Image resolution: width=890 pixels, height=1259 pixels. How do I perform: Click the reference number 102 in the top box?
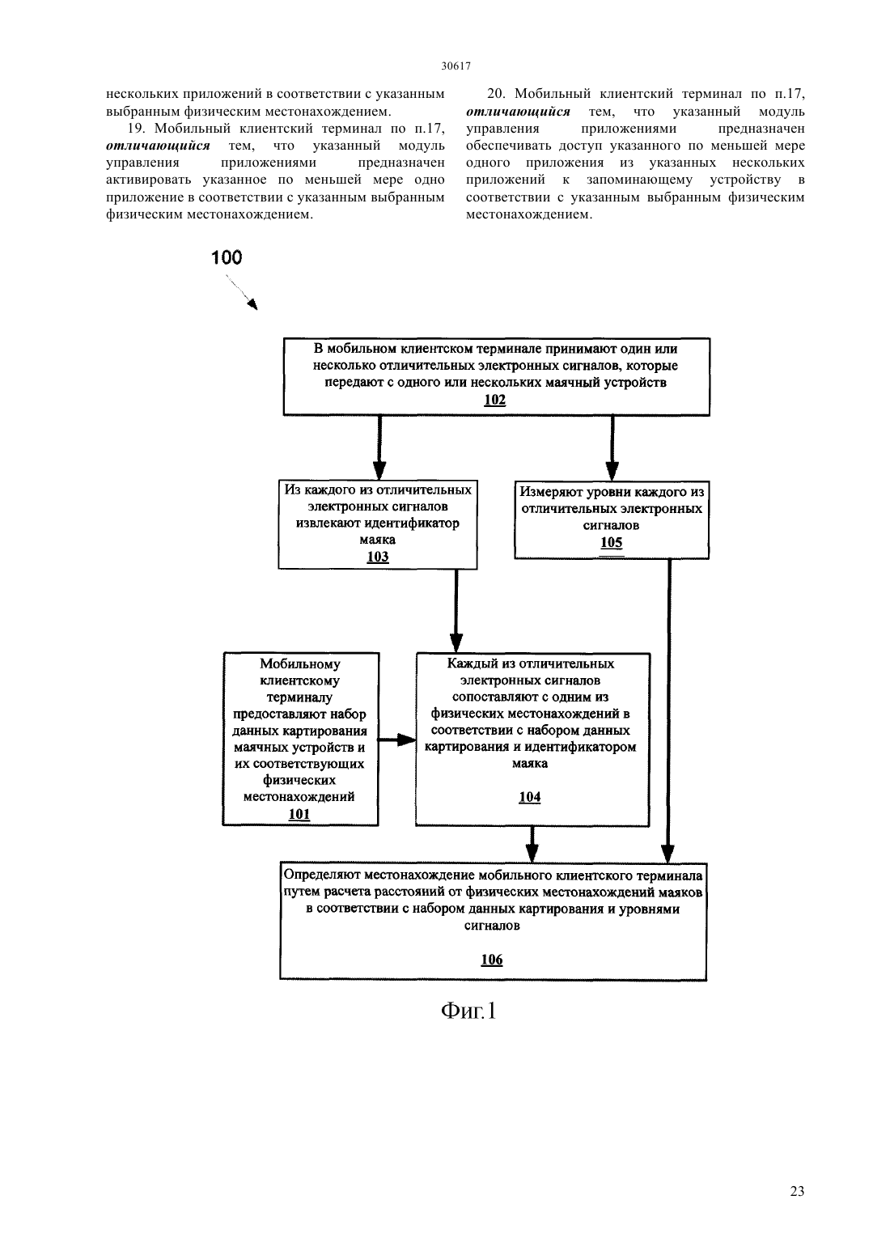495,401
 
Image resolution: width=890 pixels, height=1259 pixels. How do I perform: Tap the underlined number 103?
378,557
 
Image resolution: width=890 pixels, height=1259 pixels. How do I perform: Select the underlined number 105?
612,542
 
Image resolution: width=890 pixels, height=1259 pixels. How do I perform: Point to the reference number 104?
530,797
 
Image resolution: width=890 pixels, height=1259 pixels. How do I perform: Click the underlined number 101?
299,814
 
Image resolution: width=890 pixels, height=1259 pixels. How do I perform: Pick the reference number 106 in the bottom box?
492,960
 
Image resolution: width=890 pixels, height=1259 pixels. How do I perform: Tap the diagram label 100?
227,257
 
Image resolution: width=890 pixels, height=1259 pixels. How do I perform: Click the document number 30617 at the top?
456,66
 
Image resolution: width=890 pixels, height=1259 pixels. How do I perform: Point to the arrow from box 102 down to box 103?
379,447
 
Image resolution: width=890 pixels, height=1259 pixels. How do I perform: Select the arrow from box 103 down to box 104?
456,611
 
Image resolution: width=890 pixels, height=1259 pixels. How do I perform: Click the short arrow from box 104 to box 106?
532,845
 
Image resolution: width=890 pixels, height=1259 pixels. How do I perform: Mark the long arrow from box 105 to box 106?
668,711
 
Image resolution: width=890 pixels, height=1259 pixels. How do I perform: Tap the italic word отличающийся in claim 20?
518,112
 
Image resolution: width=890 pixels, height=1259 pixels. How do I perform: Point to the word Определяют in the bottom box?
323,875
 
